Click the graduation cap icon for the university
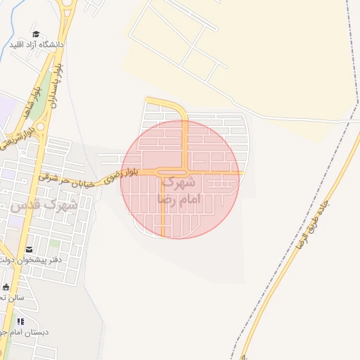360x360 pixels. click(36, 34)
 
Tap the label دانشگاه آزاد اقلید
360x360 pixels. click(37, 44)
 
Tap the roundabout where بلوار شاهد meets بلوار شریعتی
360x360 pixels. click(40, 127)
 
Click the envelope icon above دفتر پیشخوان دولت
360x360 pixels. click(29, 250)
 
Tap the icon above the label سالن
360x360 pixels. click(6, 287)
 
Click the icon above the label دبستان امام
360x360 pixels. click(20, 321)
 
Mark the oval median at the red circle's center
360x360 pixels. click(172, 172)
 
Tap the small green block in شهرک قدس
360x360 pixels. click(54, 244)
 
